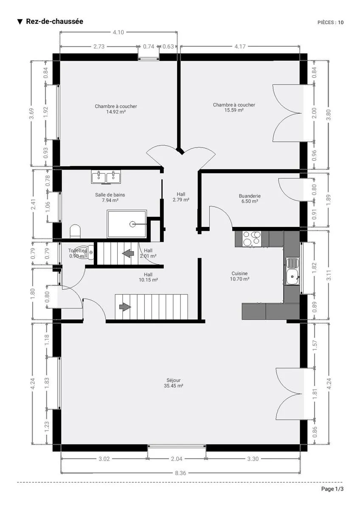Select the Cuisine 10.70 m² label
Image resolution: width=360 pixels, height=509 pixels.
(239, 276)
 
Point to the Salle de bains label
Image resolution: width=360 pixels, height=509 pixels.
(110, 195)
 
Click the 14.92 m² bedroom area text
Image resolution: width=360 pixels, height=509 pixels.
(116, 112)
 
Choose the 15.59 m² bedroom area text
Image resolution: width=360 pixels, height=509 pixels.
(234, 110)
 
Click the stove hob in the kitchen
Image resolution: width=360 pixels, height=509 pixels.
(251, 239)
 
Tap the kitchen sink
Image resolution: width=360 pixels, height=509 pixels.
(292, 271)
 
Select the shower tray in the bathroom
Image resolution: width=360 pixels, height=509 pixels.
(127, 224)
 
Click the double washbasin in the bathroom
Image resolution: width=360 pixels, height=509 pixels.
(106, 176)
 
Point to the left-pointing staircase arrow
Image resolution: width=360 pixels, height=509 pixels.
(128, 253)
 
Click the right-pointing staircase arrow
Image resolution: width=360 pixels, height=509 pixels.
(125, 307)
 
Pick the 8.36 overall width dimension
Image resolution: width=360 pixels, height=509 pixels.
(180, 473)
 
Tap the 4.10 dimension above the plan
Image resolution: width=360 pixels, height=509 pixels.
(118, 32)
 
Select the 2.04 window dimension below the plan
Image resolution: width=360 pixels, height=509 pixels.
(177, 459)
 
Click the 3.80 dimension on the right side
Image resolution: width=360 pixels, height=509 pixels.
(329, 115)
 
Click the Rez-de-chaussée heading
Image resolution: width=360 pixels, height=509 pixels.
(55, 21)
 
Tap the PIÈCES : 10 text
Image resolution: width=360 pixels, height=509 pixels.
(330, 22)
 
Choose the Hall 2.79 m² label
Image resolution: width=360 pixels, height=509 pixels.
(181, 197)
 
